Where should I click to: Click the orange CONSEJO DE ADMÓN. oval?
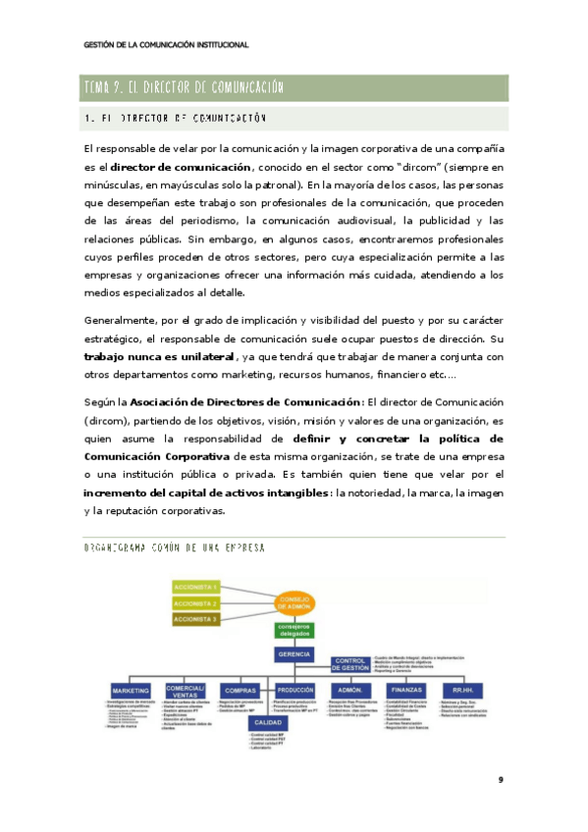(295, 601)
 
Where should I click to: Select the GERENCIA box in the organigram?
(295, 653)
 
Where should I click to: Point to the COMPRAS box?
(240, 690)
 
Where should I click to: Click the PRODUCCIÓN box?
(294, 690)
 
